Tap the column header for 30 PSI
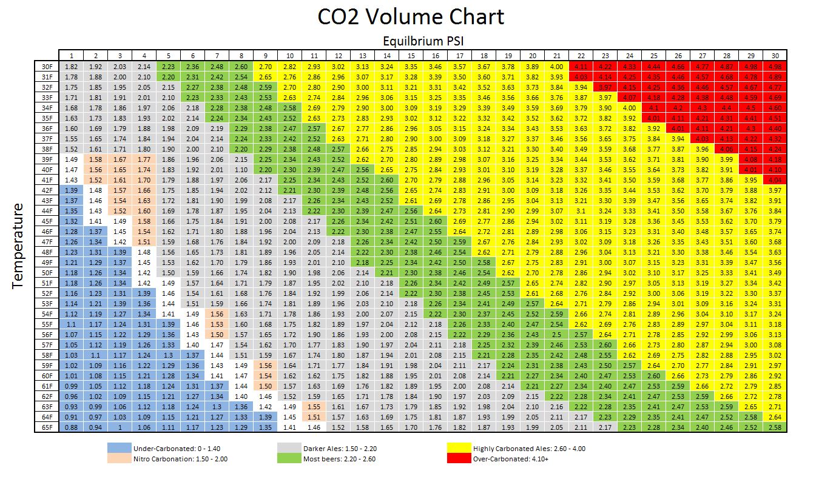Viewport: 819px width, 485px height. click(774, 55)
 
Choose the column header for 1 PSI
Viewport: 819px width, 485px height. click(71, 55)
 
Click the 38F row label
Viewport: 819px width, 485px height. click(46, 148)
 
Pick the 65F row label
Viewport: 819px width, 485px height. click(46, 427)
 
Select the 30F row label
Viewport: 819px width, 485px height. click(46, 65)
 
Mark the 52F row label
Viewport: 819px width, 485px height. click(46, 293)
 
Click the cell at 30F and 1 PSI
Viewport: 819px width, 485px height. click(71, 65)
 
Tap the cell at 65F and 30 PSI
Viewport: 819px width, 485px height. click(774, 427)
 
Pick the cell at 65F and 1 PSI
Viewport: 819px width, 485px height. click(71, 427)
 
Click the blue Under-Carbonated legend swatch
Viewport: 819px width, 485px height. click(120, 449)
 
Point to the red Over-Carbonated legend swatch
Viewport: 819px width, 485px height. click(459, 459)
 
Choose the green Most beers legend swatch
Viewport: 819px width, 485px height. click(289, 459)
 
